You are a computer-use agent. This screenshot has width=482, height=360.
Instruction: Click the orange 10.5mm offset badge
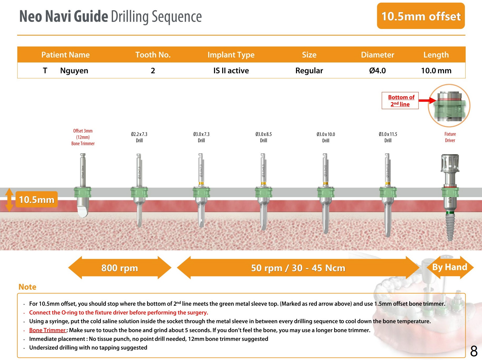coord(421,16)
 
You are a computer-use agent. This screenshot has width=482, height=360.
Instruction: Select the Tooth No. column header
coord(153,55)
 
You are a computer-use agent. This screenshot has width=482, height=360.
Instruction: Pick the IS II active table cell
coord(231,71)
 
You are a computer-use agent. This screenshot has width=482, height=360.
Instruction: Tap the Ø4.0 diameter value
coord(377,71)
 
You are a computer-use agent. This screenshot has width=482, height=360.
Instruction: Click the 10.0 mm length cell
coord(436,71)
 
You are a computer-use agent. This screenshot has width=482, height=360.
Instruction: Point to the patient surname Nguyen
coord(74,71)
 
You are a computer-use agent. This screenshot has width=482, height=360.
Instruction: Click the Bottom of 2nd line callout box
coord(400,101)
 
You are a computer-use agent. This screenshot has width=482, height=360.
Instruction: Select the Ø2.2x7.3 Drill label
coord(139,137)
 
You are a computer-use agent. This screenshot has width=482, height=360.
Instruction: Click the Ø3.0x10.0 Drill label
coord(326,137)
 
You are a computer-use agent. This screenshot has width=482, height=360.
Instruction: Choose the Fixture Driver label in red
coord(450,137)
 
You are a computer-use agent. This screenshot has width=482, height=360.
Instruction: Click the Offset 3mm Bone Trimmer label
coord(83,137)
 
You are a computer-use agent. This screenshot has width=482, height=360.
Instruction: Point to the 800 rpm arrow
coord(120,268)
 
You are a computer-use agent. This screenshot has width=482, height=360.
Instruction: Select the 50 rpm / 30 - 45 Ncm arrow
coord(298,268)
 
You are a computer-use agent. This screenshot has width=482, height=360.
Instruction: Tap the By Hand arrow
coord(450,267)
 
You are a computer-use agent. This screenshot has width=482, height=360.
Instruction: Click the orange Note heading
coord(27,287)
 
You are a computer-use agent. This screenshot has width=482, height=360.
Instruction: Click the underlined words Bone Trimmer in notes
coord(47,330)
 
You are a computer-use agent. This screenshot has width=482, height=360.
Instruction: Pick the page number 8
coord(474,351)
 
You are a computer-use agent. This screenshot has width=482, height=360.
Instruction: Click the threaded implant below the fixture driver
coord(450,227)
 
